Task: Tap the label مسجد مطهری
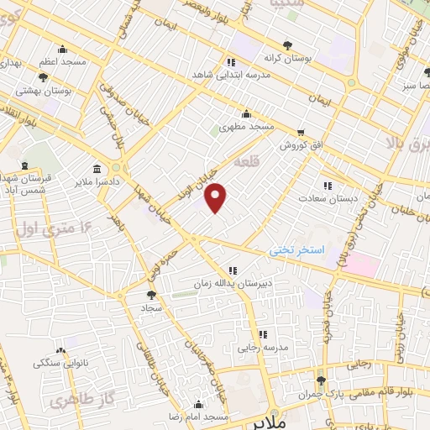pyautogui.click(x=246, y=126)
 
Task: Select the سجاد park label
pyautogui.click(x=150, y=309)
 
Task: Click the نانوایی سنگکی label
pyautogui.click(x=59, y=363)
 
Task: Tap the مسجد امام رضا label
pyautogui.click(x=199, y=417)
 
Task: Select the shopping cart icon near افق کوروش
pyautogui.click(x=301, y=133)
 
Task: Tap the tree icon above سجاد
pyautogui.click(x=150, y=295)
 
